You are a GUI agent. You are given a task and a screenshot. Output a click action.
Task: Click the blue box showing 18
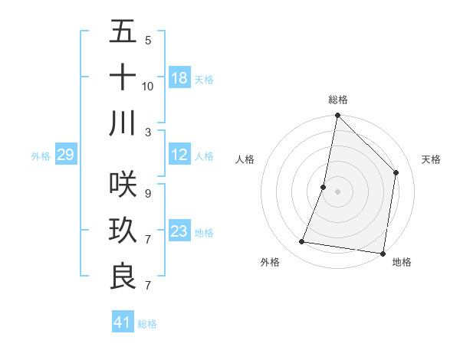tap(179, 78)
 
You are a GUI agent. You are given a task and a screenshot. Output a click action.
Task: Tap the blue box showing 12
tap(179, 155)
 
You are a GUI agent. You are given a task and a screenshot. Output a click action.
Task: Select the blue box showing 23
tap(179, 231)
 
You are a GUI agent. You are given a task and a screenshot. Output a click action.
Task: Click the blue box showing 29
tap(66, 155)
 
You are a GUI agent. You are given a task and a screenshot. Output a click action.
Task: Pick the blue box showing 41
tap(123, 322)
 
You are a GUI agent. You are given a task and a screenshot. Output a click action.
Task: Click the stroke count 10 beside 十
tap(148, 86)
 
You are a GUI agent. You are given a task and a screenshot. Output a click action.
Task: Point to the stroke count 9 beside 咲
tap(147, 194)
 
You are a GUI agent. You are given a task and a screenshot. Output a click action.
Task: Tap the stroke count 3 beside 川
tap(147, 132)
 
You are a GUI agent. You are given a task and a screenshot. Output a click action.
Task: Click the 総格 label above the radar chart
tap(337, 100)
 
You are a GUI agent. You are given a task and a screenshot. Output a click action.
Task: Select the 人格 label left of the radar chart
tap(245, 159)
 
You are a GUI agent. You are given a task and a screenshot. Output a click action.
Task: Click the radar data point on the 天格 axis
tap(396, 172)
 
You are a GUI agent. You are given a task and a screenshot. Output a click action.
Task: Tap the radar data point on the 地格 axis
tap(383, 253)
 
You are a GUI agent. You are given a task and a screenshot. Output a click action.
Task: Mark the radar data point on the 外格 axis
tap(302, 242)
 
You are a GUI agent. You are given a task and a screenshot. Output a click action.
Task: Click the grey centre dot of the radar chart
tap(337, 191)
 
